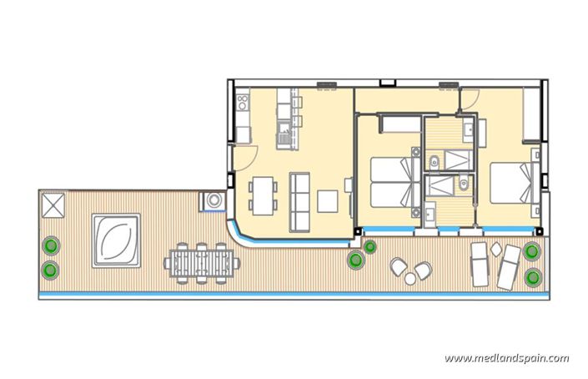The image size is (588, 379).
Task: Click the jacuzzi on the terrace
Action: pos(117,240)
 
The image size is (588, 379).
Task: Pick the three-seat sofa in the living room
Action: pos(299,201)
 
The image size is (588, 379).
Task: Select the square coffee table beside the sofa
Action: pos(329,201)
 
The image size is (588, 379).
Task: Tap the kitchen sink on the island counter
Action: pos(285,126)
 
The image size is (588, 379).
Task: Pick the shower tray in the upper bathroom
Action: pos(456,159)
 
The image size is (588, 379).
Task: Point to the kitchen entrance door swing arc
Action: pos(248,153)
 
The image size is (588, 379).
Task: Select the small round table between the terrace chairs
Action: pos(411,269)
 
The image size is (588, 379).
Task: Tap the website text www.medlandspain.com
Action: pos(507,358)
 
